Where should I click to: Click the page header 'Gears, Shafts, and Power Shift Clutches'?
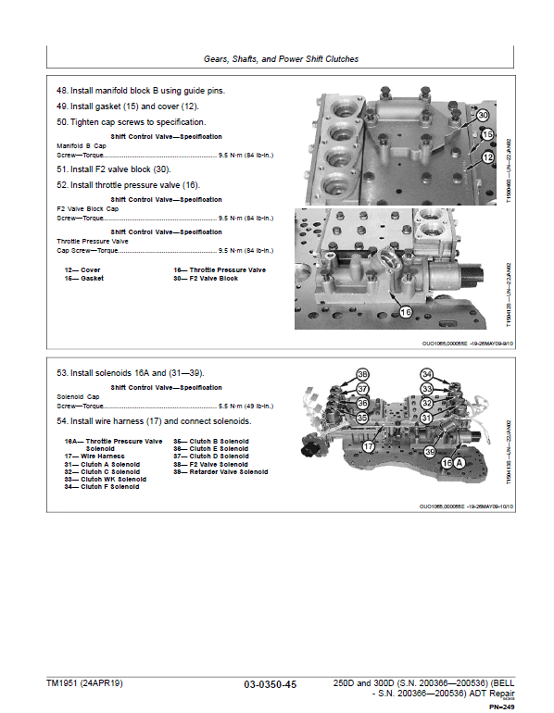[x=281, y=59]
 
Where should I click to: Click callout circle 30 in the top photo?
[x=483, y=116]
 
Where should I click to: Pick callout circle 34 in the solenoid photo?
[x=453, y=375]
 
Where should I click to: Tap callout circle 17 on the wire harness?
[x=368, y=446]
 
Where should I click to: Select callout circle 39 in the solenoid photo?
[x=430, y=451]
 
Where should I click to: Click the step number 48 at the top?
[x=62, y=91]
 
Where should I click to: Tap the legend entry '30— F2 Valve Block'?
[x=205, y=278]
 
